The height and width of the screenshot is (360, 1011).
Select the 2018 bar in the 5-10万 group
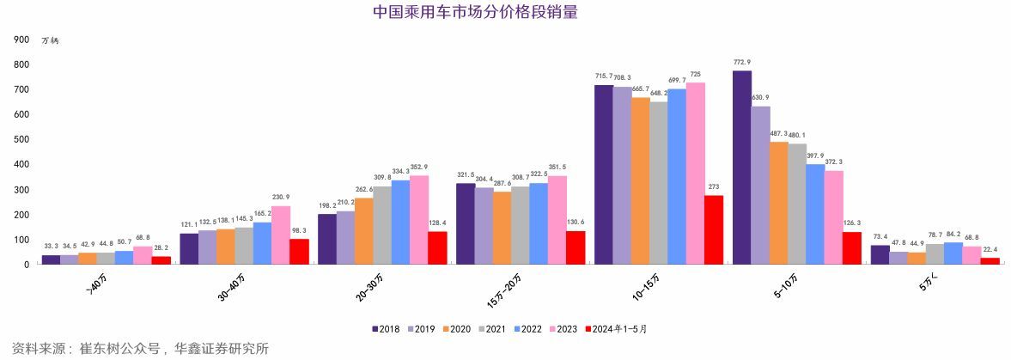tap(741, 168)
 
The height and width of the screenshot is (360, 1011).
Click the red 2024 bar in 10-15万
tap(713, 229)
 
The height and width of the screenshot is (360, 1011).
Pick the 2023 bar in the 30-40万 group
tap(280, 235)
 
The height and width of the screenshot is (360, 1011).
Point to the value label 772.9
tap(741, 62)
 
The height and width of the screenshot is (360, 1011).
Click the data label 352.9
tap(418, 167)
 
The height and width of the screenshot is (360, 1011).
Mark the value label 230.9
tap(280, 197)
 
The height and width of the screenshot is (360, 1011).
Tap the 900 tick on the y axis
tap(21, 40)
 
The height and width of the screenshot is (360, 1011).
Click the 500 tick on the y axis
tap(21, 139)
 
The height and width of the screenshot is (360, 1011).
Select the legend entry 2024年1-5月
tap(615, 329)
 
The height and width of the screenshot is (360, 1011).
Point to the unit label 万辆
tap(51, 40)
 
